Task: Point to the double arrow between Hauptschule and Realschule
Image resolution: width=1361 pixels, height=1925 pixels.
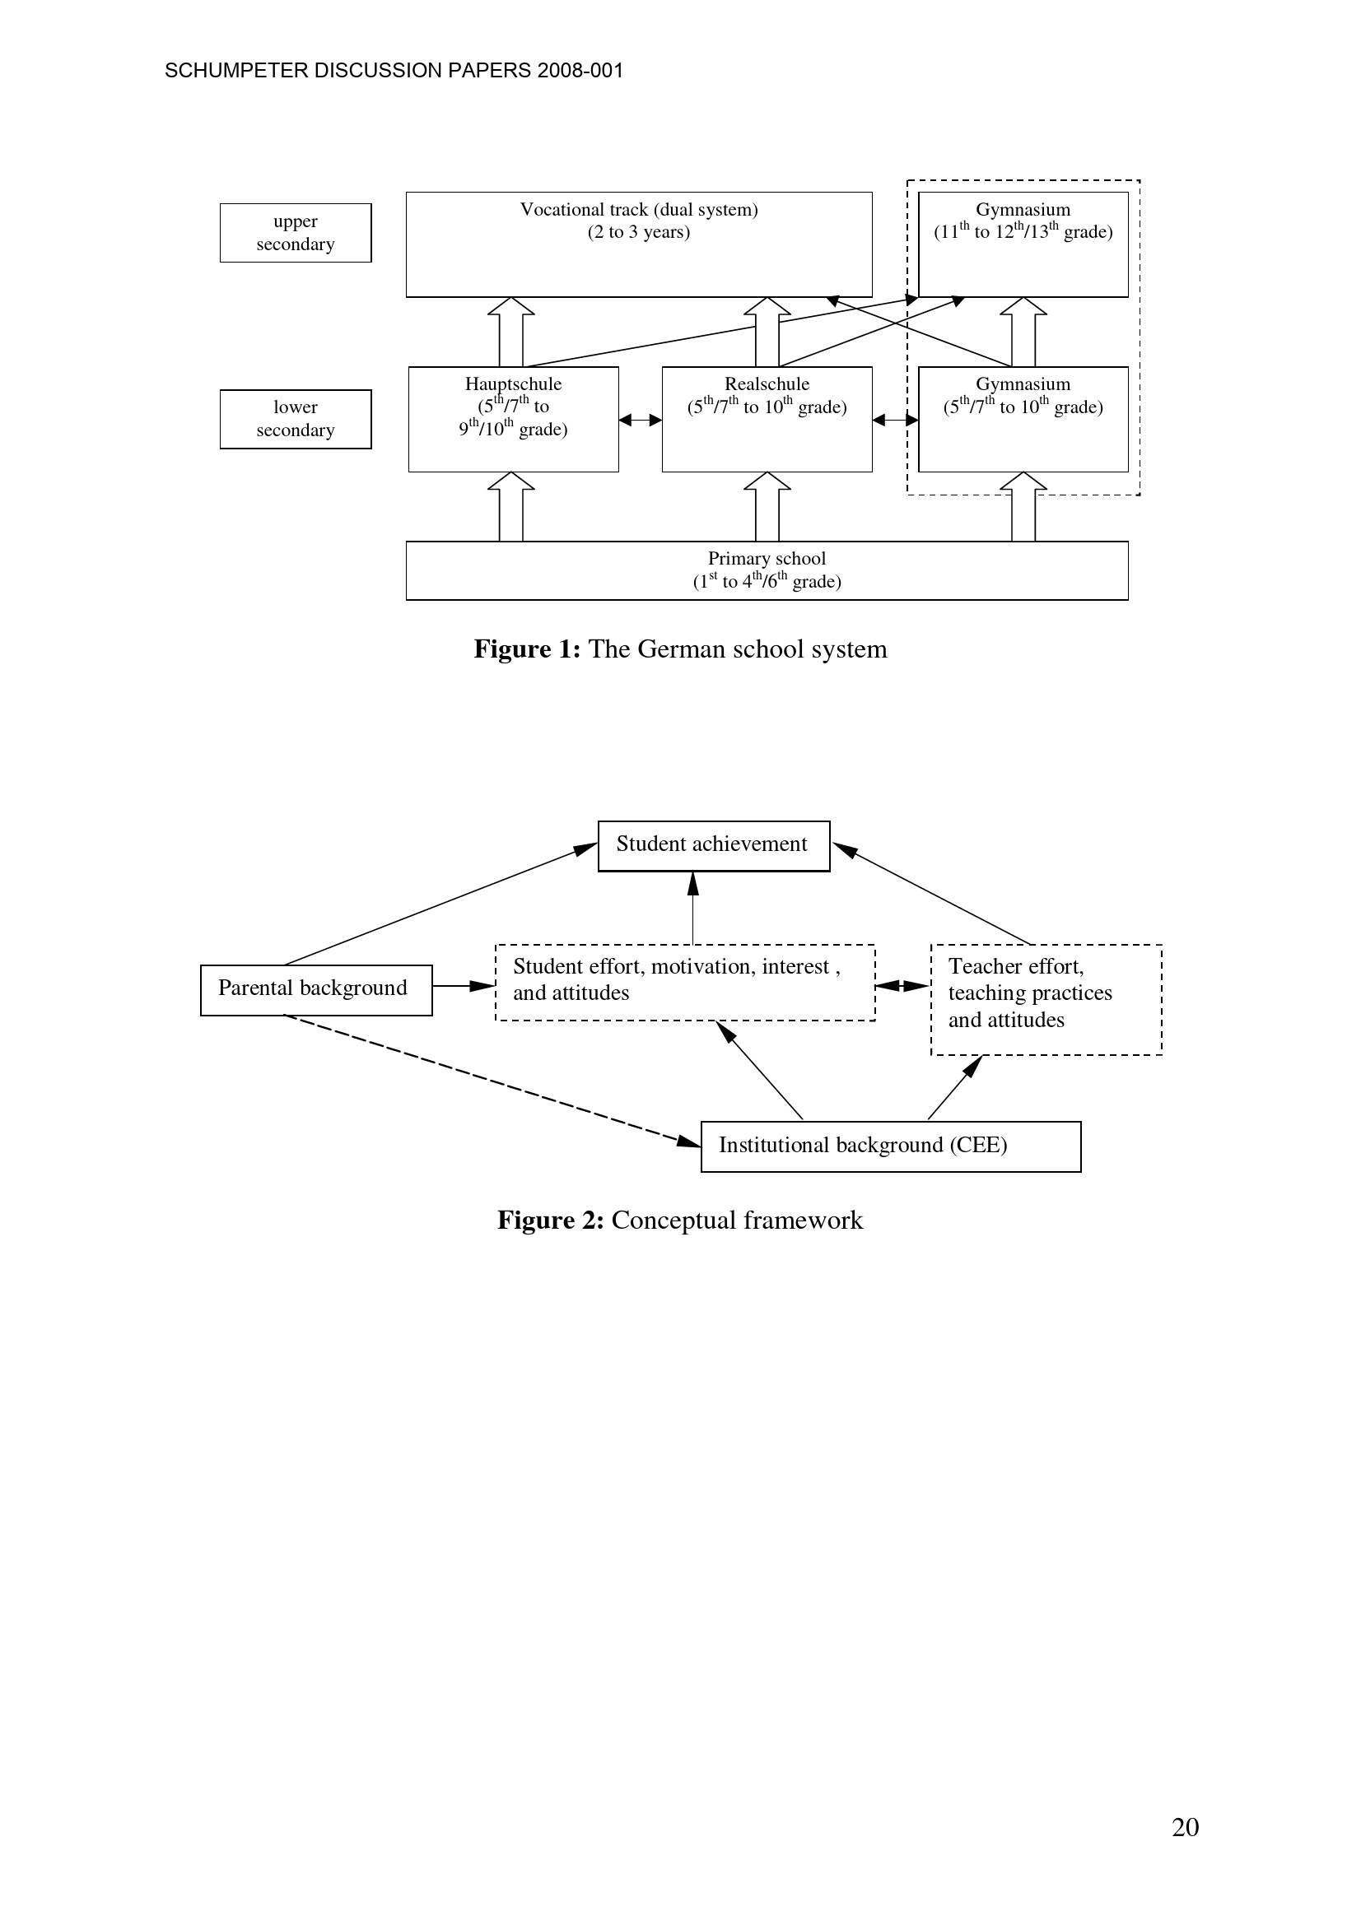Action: point(640,420)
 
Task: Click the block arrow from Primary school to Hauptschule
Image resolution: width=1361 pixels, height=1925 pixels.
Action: point(510,506)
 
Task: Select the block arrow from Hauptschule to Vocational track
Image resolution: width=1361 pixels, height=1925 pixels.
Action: point(510,332)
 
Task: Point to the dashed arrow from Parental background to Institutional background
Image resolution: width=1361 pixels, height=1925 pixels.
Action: point(493,1081)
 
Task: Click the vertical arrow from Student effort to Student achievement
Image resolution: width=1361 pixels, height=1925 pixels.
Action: point(692,908)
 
